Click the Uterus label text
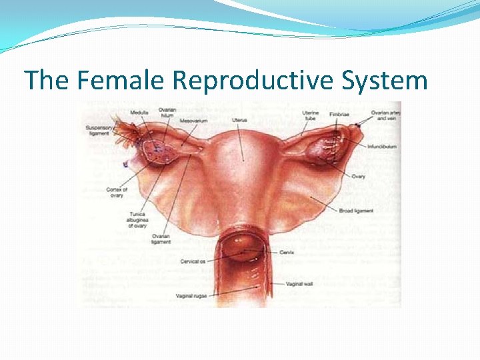coord(239,120)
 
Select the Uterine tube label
coord(311,116)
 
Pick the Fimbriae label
coord(339,114)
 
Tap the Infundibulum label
coord(382,145)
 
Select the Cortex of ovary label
coord(116,193)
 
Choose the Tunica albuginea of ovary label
coord(137,220)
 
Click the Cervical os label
coord(194,261)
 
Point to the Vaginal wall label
coord(300,284)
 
